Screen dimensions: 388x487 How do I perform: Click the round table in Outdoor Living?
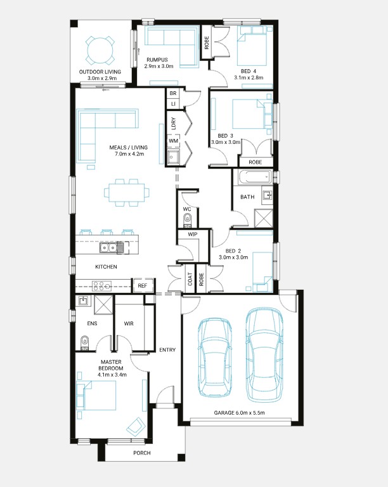point(100,51)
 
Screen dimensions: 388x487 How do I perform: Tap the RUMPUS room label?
point(157,60)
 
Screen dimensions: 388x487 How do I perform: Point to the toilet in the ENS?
point(84,343)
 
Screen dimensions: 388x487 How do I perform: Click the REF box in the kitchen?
point(143,286)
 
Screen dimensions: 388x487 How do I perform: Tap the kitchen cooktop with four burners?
point(101,286)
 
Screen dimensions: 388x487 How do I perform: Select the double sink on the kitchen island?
point(108,247)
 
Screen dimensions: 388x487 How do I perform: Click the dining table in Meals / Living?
point(127,193)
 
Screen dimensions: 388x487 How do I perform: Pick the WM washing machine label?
point(173,141)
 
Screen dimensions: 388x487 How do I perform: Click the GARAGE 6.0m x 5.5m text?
point(239,413)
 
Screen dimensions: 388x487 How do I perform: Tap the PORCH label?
point(142,453)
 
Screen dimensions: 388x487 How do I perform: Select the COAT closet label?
point(190,279)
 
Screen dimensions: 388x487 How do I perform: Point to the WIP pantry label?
point(193,234)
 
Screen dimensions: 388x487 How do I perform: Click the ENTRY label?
point(167,350)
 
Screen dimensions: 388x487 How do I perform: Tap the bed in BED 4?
point(252,46)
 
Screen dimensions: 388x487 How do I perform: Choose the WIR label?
point(129,323)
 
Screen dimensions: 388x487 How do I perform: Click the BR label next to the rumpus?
point(173,93)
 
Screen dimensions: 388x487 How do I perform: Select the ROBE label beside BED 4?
point(207,43)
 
